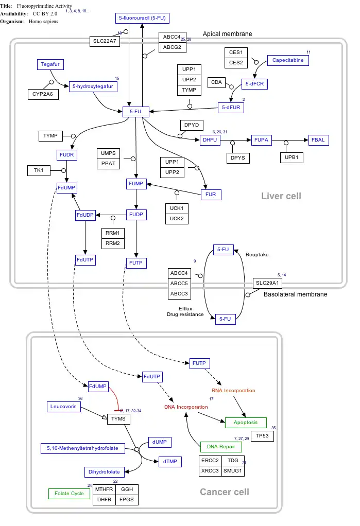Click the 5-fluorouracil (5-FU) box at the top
click(142, 18)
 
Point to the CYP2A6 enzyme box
click(43, 94)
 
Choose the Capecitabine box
click(288, 60)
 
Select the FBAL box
click(318, 139)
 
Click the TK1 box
click(39, 170)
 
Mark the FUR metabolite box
click(211, 195)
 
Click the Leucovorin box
click(63, 407)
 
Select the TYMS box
click(118, 419)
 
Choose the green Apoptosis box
click(246, 423)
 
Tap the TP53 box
click(262, 436)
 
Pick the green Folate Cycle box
click(70, 494)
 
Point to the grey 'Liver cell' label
click(281, 196)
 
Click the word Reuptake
click(257, 255)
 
